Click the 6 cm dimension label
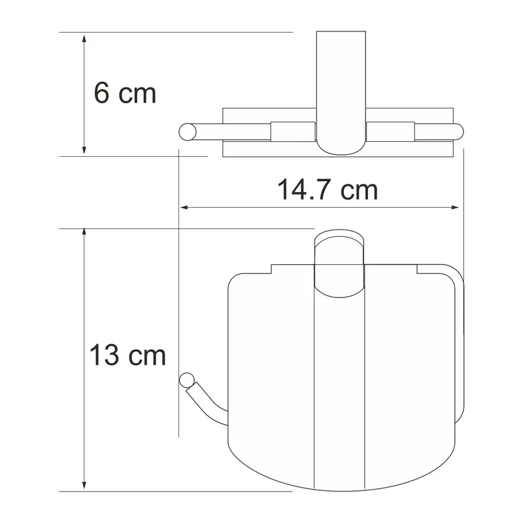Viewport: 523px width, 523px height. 125,93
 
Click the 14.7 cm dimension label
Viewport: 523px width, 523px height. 328,190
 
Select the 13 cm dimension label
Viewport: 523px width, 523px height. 127,354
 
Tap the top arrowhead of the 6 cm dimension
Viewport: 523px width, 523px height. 84,38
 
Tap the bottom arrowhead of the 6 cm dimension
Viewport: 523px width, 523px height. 84,150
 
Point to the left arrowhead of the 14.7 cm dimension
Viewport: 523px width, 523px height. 184,207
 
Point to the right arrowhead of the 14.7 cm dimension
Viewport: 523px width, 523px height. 455,207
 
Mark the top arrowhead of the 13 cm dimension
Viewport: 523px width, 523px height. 84,233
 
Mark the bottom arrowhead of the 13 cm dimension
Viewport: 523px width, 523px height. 84,486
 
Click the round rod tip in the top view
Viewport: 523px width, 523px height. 188,132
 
